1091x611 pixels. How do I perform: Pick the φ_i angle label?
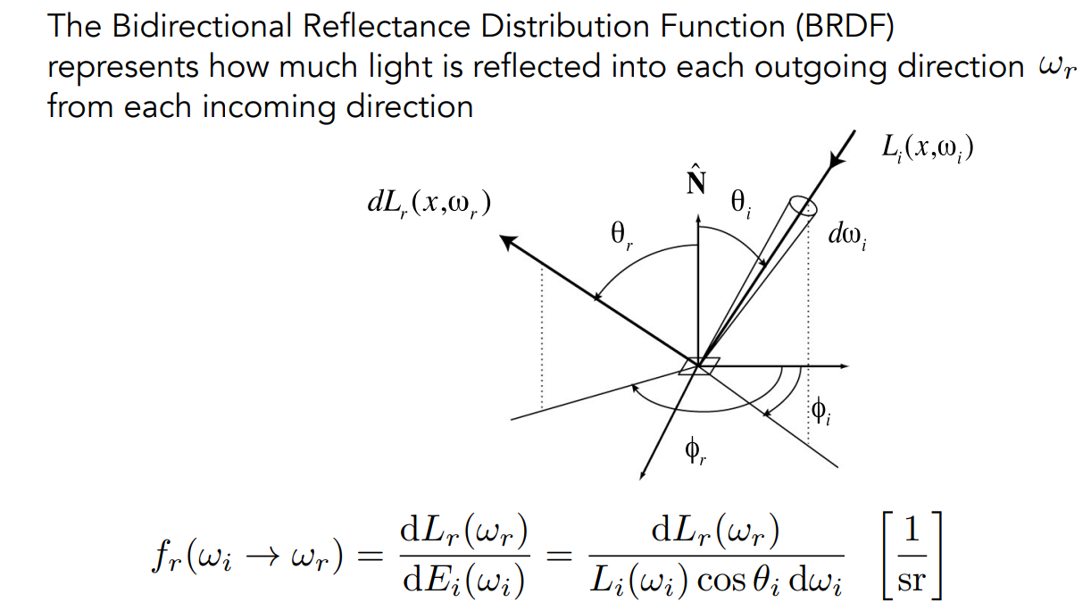point(820,413)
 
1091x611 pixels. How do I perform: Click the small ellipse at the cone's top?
point(804,208)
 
